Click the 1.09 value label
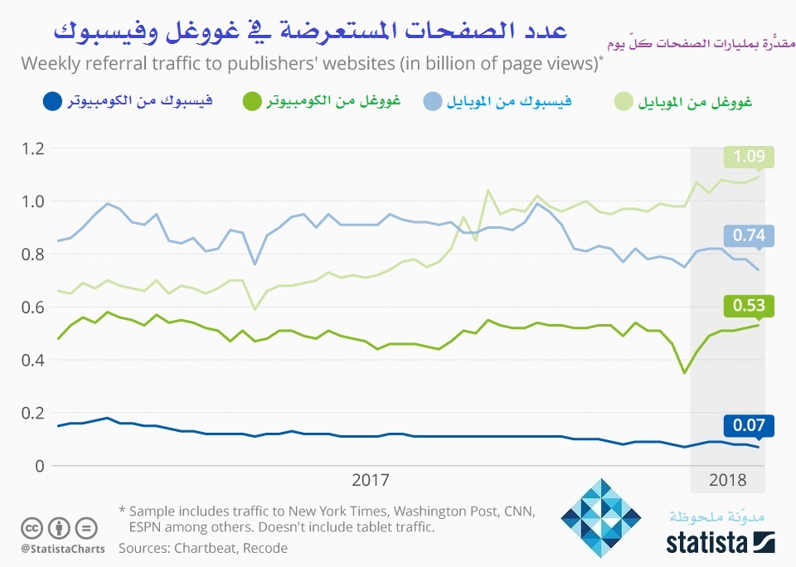tap(748, 157)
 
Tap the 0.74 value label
tap(748, 236)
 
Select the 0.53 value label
tap(748, 305)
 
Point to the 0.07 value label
tap(748, 426)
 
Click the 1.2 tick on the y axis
tap(32, 148)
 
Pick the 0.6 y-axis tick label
tap(32, 307)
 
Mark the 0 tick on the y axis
tap(38, 466)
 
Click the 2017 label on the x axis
tap(371, 480)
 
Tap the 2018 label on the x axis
tap(727, 480)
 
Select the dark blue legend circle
tap(51, 102)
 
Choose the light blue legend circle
tap(431, 102)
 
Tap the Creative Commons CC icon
tap(32, 527)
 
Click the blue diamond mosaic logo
tap(601, 517)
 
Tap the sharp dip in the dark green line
tap(684, 373)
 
